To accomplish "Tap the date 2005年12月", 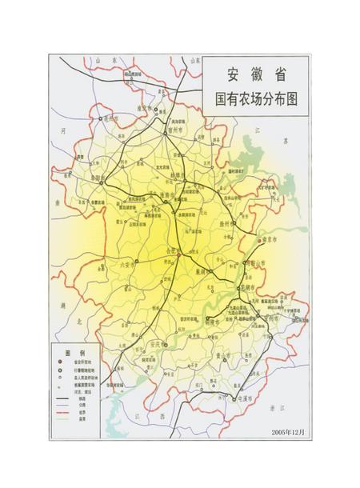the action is click(x=287, y=432).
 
